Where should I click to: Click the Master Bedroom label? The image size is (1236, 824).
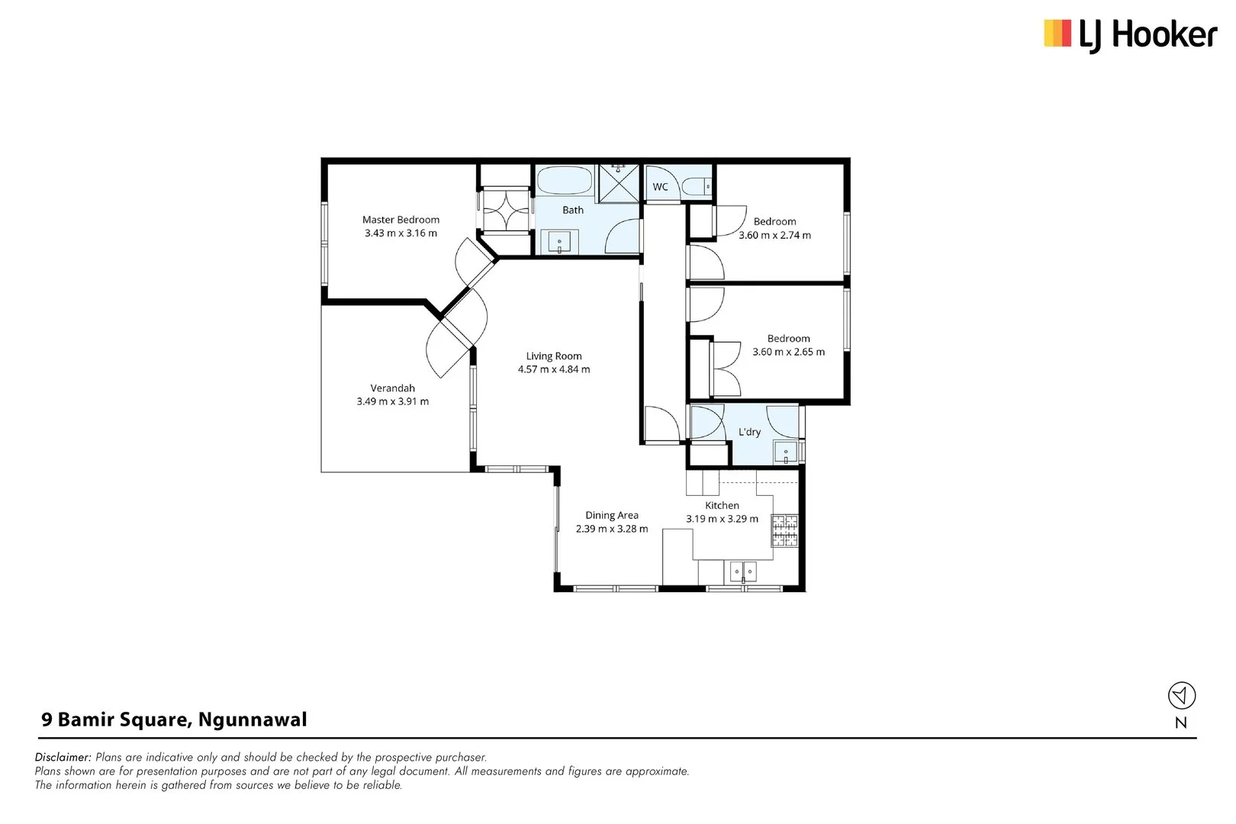click(x=401, y=220)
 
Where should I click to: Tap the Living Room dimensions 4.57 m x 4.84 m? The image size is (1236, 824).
click(x=553, y=369)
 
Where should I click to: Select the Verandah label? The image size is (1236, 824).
click(x=392, y=388)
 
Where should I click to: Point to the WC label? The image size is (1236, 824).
click(x=660, y=187)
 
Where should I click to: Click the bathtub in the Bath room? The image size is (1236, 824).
click(x=565, y=181)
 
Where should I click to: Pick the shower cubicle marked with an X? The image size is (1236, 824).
click(x=619, y=183)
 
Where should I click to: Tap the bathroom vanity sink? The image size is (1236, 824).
click(x=559, y=242)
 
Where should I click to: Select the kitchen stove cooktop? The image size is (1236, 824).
click(x=784, y=530)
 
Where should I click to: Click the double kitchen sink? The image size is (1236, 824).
click(x=743, y=571)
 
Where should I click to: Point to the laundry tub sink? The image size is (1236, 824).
click(x=786, y=452)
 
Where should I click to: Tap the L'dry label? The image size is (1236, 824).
click(x=749, y=432)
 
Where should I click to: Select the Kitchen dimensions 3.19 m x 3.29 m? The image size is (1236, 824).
click(x=722, y=519)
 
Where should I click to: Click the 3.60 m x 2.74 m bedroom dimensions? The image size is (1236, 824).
click(x=774, y=235)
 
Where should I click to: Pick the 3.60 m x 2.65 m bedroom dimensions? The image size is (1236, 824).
click(x=788, y=352)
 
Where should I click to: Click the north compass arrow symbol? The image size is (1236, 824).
click(x=1181, y=695)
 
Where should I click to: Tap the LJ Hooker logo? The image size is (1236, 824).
click(x=1131, y=35)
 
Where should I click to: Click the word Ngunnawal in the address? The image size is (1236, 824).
click(x=253, y=719)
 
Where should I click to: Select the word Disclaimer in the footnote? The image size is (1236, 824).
click(x=63, y=757)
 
